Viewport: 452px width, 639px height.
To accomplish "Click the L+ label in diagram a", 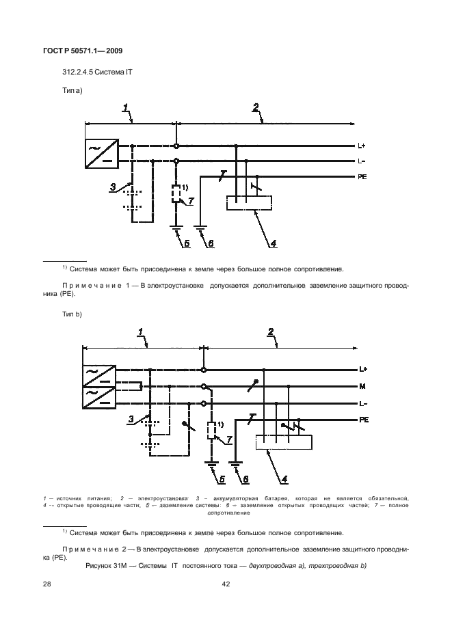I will click(x=362, y=145).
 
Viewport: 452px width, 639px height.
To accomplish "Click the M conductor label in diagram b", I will click(x=362, y=386).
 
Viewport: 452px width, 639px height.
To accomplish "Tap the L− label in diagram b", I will click(x=363, y=403).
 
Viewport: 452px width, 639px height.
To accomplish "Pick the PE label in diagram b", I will click(x=364, y=420).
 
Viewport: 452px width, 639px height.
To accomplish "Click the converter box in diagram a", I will click(x=100, y=153).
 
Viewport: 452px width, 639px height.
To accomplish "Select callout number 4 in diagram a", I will click(x=272, y=243).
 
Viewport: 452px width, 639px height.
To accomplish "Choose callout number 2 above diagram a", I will click(x=255, y=107).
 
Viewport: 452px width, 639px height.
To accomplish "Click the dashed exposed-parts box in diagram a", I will click(x=248, y=203).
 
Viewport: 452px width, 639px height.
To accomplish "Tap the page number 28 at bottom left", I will click(x=47, y=584).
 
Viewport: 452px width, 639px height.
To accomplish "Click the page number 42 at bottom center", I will click(x=226, y=584).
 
